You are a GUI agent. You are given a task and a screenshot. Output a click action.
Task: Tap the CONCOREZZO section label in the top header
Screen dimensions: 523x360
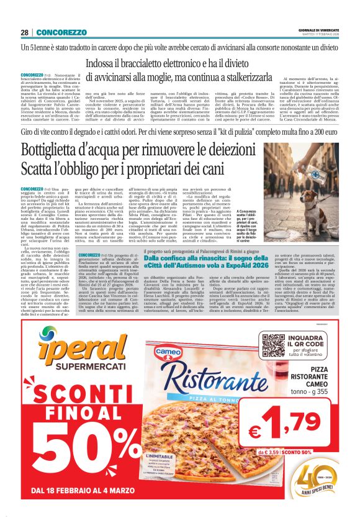[x=61, y=32]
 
